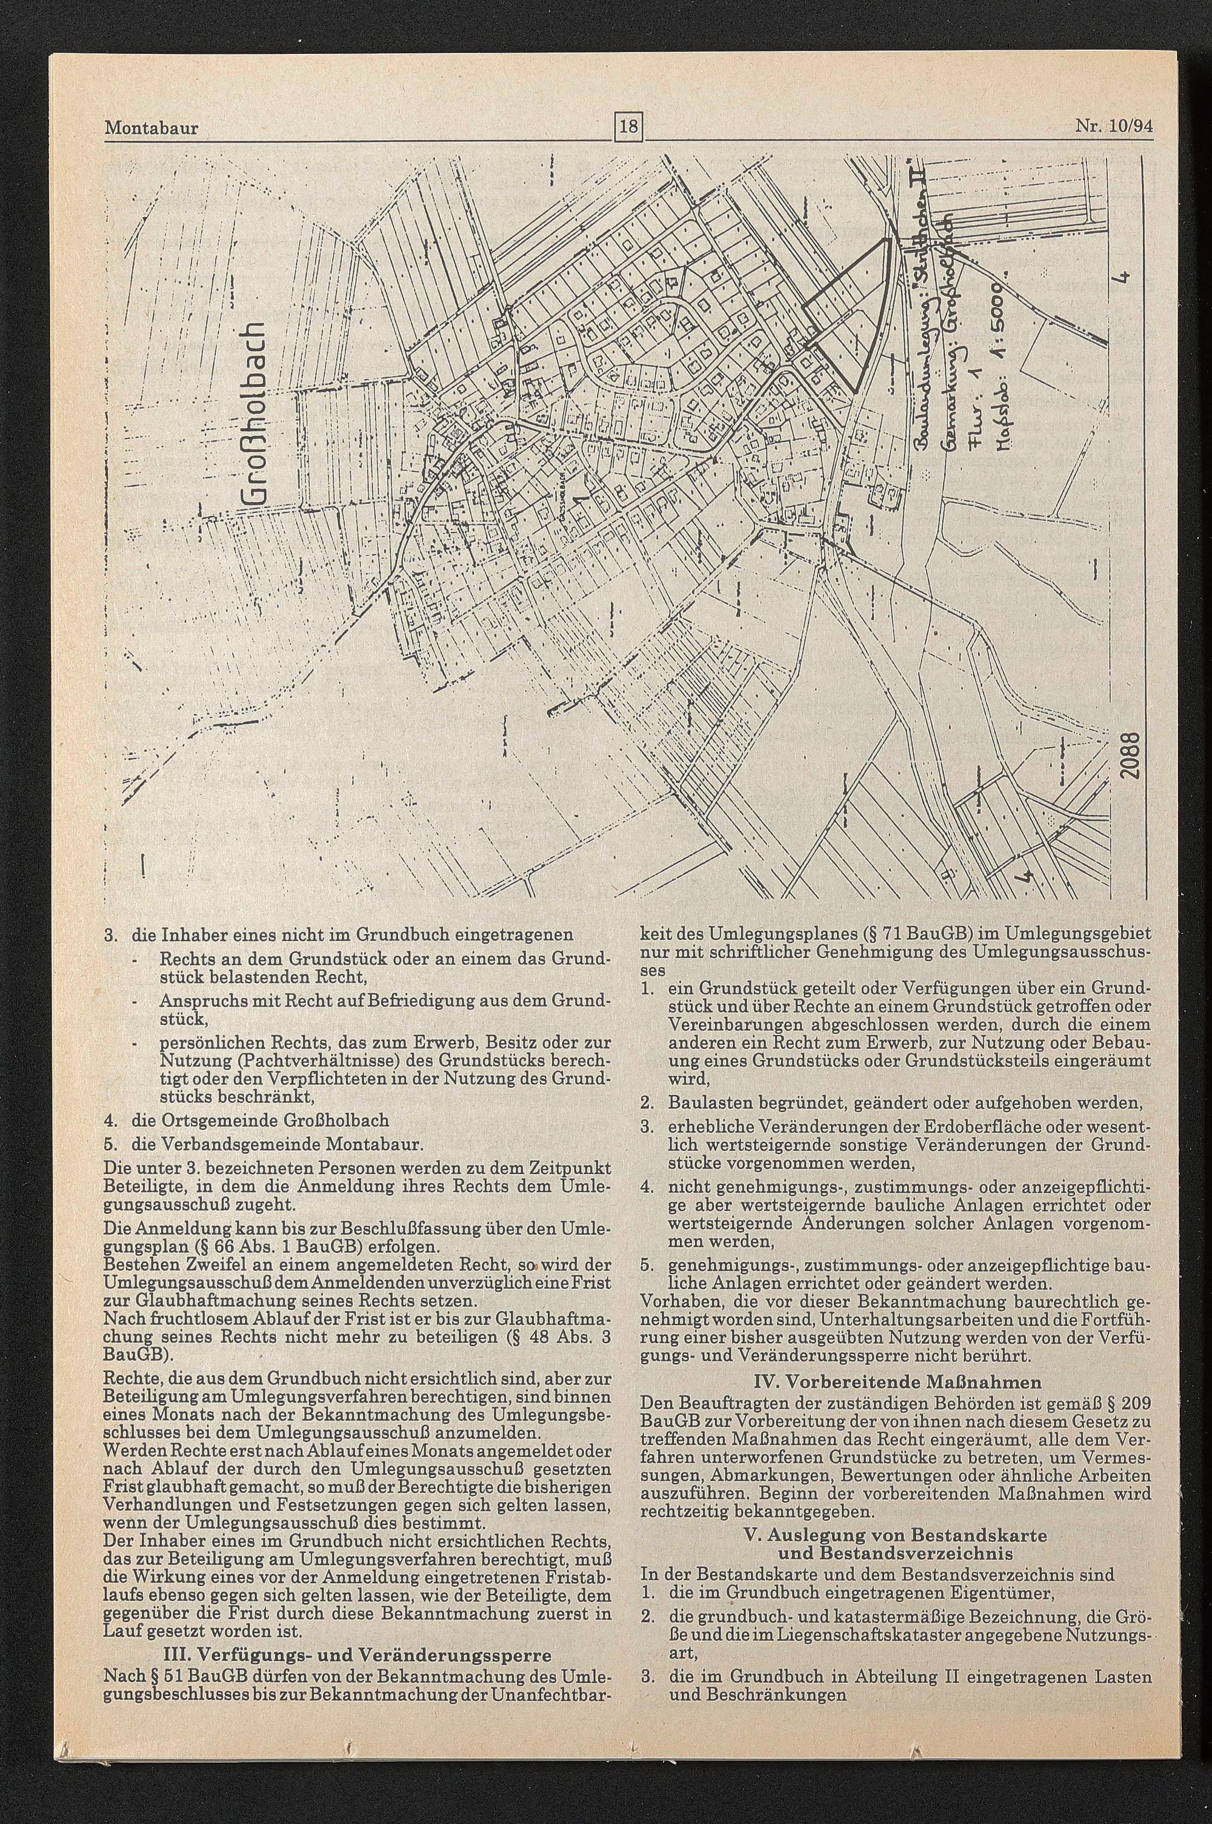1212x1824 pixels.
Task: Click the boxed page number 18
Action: click(629, 124)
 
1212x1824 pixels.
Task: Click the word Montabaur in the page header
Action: click(151, 127)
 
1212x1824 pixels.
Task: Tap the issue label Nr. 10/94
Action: click(1114, 126)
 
